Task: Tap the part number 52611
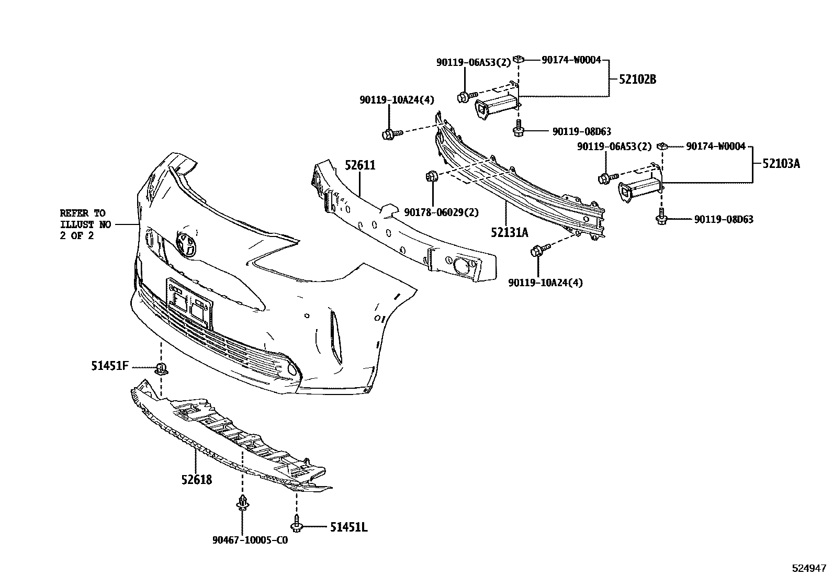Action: point(359,165)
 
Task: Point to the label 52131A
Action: point(509,232)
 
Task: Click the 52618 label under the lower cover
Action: point(197,479)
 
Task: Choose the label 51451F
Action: point(109,366)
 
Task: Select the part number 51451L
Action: point(348,527)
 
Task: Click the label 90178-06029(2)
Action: point(442,212)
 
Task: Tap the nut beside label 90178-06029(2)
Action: point(432,176)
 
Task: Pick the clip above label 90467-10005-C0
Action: point(242,502)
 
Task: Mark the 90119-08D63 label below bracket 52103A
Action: point(724,220)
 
